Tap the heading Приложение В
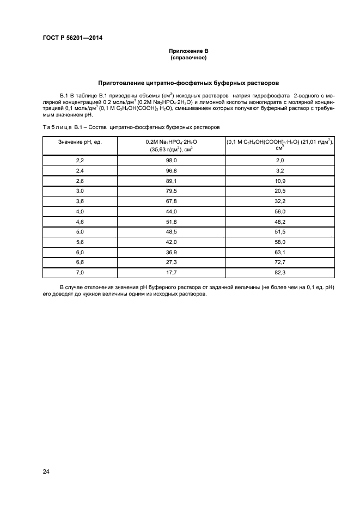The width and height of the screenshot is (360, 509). [188, 51]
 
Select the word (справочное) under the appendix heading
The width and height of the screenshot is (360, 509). [188, 57]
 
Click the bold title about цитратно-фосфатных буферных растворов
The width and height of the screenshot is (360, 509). [188, 83]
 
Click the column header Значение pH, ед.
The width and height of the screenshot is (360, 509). [80, 141]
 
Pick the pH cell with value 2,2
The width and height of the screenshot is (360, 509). [80, 161]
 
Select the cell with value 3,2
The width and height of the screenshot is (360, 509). [280, 170]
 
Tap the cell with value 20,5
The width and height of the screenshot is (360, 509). [280, 191]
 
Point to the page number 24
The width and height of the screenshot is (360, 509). [46, 471]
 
